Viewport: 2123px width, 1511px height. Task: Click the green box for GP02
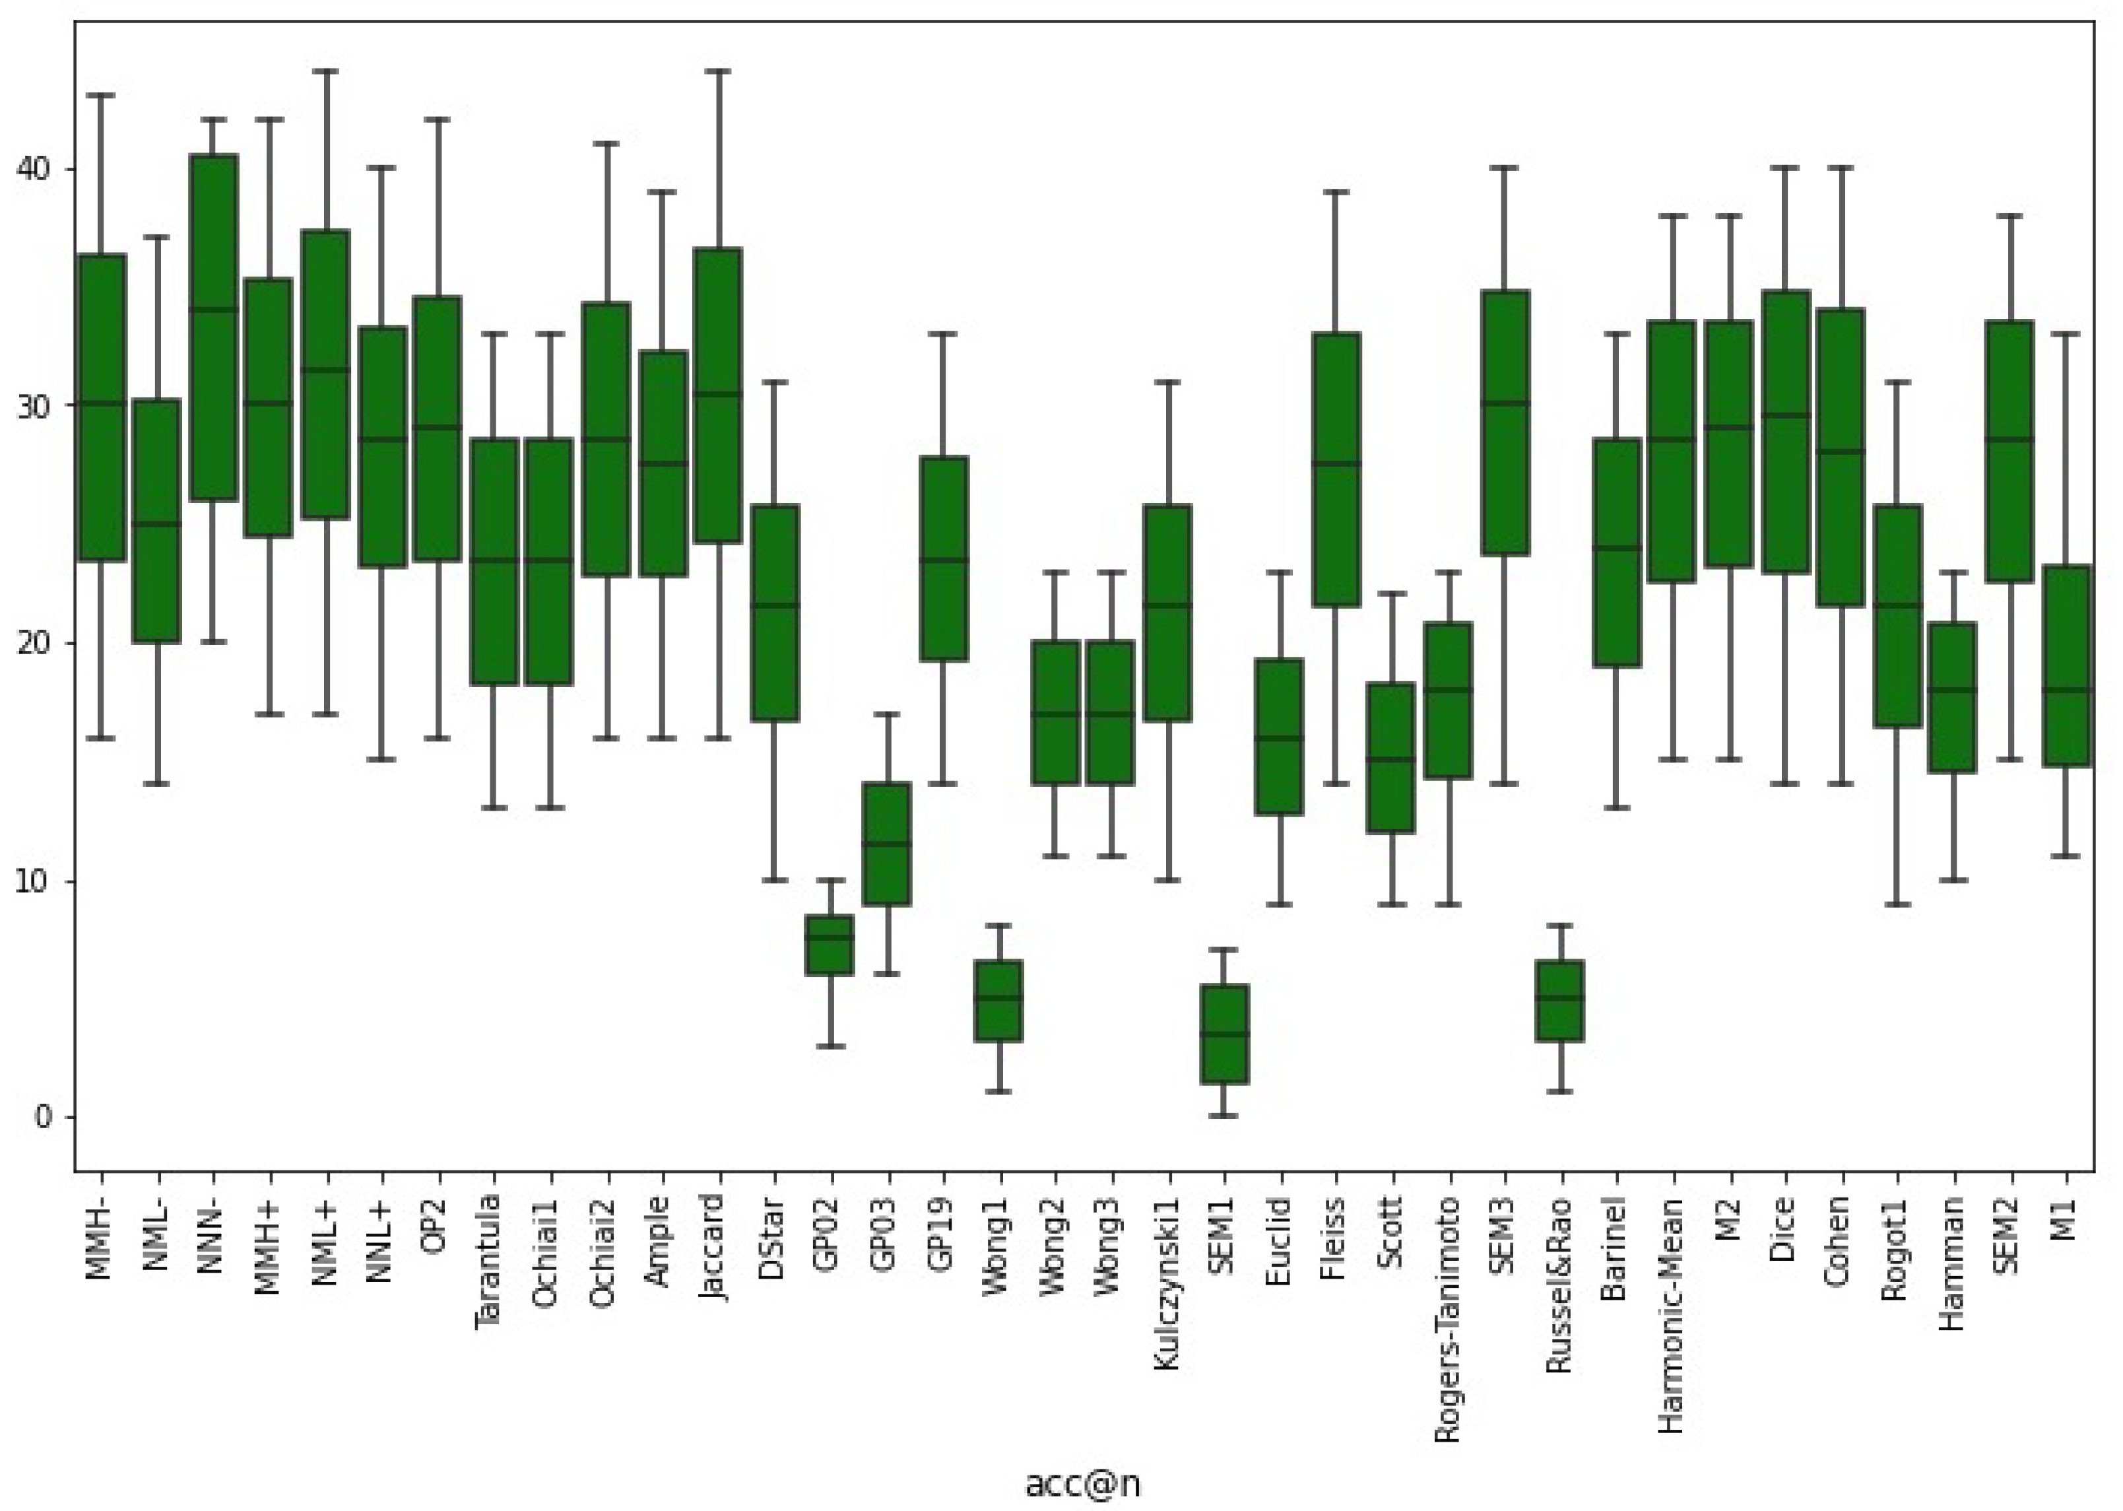(x=829, y=945)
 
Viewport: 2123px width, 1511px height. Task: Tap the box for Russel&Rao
(x=1559, y=1000)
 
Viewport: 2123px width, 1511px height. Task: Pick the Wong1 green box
(x=998, y=1000)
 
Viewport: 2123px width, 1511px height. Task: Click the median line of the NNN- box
(x=213, y=309)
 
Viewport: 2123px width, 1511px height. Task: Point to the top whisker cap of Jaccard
(x=717, y=70)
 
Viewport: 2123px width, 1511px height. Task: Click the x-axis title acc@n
(x=1082, y=1484)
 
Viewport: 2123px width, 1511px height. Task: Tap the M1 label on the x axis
(x=2064, y=1219)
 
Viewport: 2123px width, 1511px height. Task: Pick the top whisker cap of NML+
(x=325, y=70)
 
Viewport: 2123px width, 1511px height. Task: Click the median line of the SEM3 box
(x=1505, y=403)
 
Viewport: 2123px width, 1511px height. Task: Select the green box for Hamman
(x=1953, y=697)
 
